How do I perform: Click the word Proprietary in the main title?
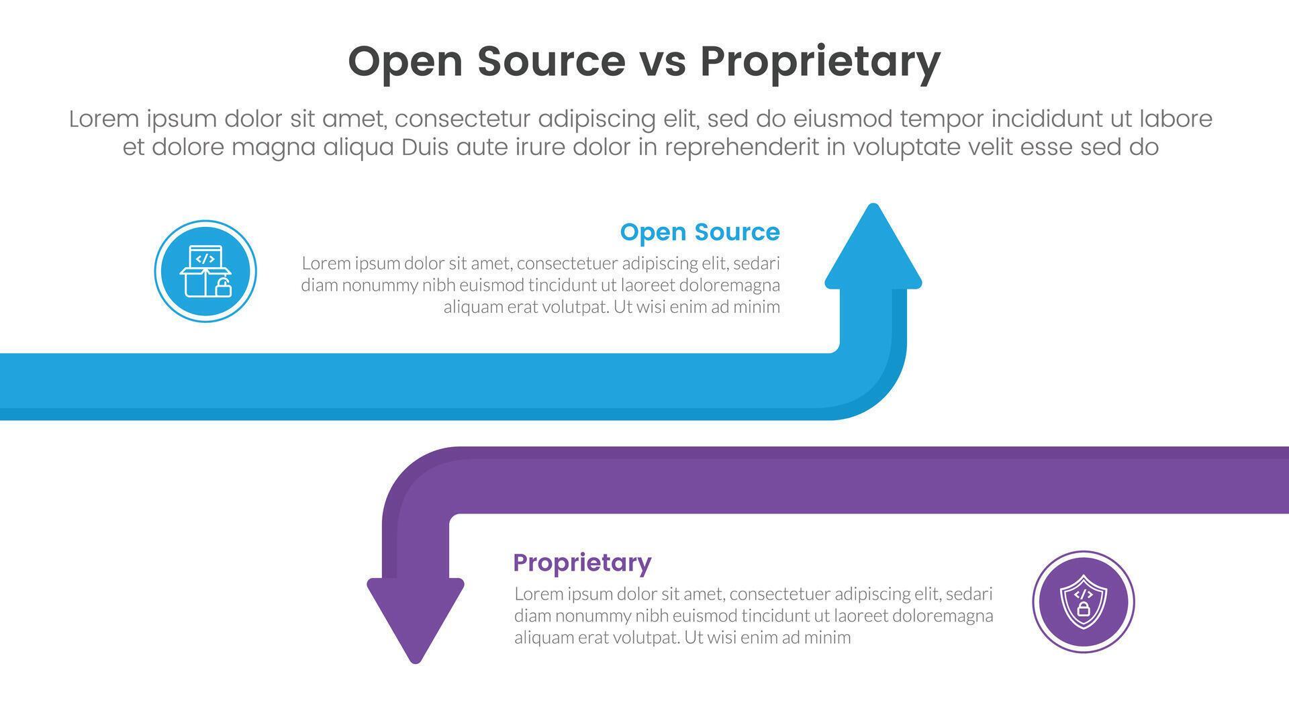pyautogui.click(x=820, y=62)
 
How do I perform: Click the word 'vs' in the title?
pyautogui.click(x=662, y=62)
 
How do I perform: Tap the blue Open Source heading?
pyautogui.click(x=700, y=232)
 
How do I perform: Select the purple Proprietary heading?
pyautogui.click(x=582, y=563)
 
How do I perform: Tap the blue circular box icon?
pyautogui.click(x=205, y=271)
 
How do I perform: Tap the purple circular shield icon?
pyautogui.click(x=1083, y=601)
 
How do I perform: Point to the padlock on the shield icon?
pyautogui.click(x=1083, y=610)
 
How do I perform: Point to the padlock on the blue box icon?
pyautogui.click(x=224, y=289)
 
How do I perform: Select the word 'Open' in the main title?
pyautogui.click(x=405, y=62)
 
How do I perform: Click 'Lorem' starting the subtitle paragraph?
pyautogui.click(x=104, y=119)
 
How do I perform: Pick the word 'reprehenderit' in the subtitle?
pyautogui.click(x=742, y=148)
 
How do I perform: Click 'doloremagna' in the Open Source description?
pyautogui.click(x=730, y=285)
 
